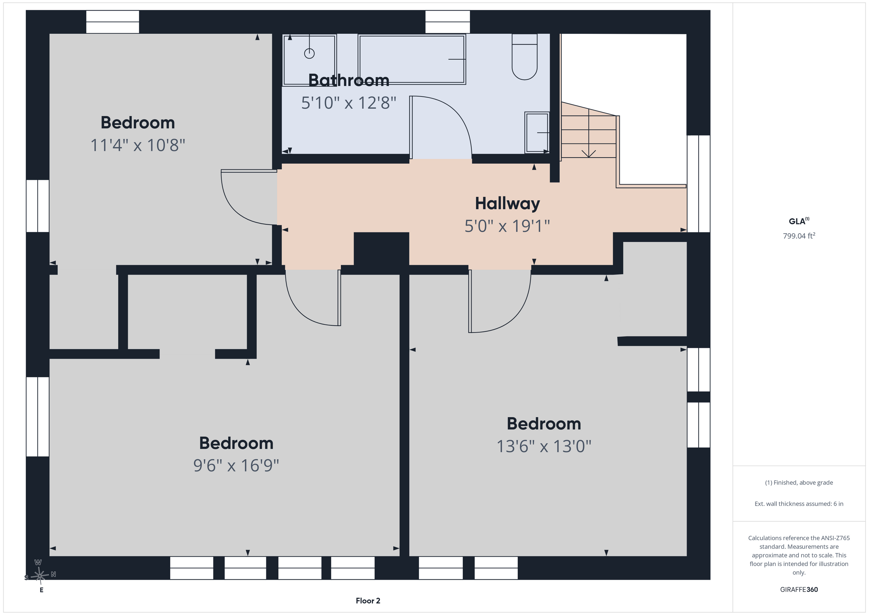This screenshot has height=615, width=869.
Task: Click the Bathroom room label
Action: [349, 80]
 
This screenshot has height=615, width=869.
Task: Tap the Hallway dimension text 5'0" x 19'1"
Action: [507, 226]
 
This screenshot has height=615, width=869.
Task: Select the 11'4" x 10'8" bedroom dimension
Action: [138, 145]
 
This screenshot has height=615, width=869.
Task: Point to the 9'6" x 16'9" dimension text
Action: [236, 465]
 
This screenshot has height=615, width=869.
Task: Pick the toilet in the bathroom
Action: [524, 57]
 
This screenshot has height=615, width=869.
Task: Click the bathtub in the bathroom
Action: [412, 59]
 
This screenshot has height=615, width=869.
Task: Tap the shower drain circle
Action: [309, 53]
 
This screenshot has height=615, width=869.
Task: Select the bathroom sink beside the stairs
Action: [537, 132]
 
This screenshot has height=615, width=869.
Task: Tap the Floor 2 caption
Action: [368, 601]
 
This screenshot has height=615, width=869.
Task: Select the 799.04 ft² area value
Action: [799, 235]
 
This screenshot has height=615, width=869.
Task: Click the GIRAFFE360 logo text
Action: [799, 589]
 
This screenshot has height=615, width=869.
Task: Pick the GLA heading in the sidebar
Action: [799, 221]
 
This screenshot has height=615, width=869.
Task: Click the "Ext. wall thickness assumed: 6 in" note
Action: [799, 504]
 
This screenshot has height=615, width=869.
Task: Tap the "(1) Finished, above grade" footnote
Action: [799, 483]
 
